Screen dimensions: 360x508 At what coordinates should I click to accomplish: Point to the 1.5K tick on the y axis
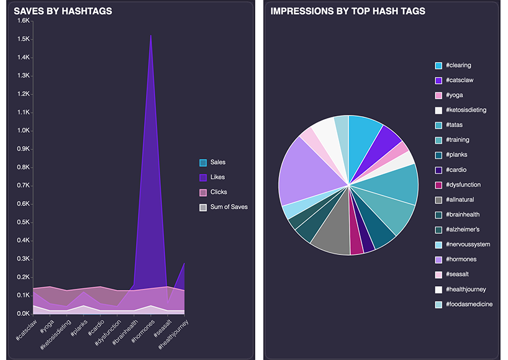coord(22,39)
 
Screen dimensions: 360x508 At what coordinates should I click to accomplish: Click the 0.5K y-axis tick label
coord(22,222)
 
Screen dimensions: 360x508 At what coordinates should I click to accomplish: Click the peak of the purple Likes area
coord(150,36)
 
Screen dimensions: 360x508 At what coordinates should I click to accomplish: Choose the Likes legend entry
coord(218,178)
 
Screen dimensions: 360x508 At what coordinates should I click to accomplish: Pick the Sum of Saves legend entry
coord(229,207)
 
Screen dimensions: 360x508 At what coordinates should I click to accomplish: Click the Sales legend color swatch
coord(203,163)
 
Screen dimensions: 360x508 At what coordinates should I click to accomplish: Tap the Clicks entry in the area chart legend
coord(219,192)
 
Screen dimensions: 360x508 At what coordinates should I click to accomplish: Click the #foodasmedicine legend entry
coord(469,304)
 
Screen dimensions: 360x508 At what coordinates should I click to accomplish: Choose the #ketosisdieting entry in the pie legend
coord(466,110)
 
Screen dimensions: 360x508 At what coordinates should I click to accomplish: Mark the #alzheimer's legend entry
coord(463,230)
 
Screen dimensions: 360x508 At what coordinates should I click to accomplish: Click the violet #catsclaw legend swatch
coord(438,80)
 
